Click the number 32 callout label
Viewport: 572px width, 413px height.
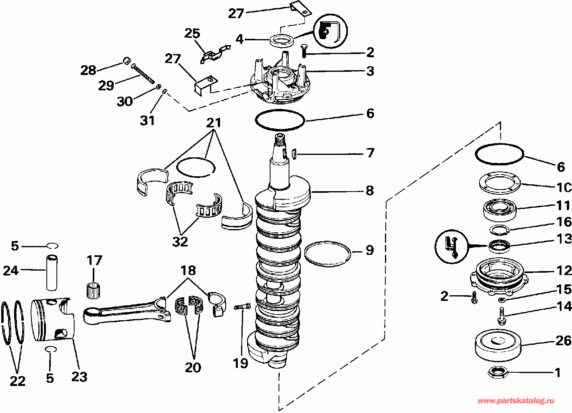(x=180, y=241)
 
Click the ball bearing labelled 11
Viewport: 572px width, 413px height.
(x=499, y=209)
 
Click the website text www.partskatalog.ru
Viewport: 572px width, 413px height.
(x=516, y=401)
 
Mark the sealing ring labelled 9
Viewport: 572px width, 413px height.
(x=327, y=254)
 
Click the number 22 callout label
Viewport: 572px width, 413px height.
(x=17, y=381)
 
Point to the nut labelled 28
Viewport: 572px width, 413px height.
(x=127, y=61)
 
